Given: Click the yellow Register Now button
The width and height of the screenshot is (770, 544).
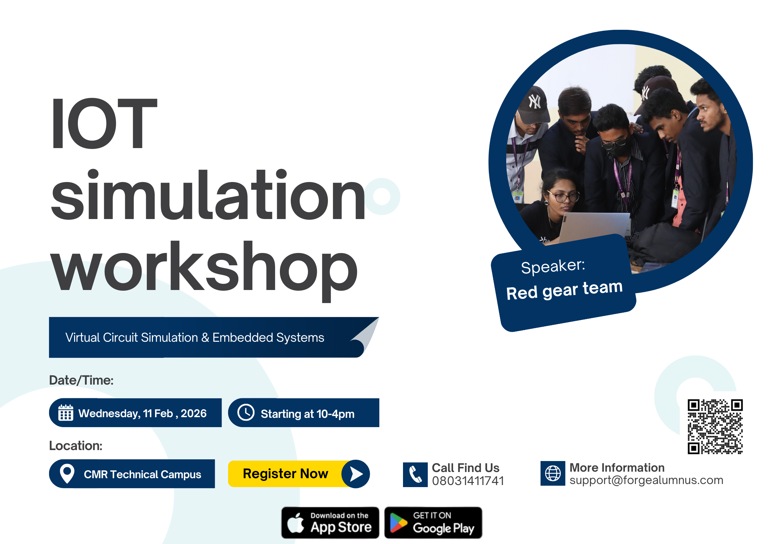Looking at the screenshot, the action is pos(299,474).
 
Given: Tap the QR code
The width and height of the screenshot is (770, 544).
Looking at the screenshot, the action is pos(715,426).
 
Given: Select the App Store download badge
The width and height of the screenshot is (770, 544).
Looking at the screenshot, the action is pos(330,522).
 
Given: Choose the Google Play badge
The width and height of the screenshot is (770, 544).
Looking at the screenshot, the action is pos(433,522).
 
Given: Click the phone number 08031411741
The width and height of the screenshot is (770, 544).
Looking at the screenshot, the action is pos(468,481).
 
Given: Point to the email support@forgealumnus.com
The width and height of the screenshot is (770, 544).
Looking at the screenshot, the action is pos(646,480).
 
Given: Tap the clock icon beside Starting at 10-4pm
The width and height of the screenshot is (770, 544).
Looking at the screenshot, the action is pos(246,412).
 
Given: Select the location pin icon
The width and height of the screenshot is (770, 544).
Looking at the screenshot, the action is pos(67,473).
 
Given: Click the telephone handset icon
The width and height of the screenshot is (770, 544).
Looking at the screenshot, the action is pos(415,474).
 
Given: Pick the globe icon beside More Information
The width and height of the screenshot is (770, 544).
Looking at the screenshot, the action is pos(553,473).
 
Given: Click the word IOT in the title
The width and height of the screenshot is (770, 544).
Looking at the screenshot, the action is pos(104,123).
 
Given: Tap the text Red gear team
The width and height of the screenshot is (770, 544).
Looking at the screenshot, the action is pos(564,290).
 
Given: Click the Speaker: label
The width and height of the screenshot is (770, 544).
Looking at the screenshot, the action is pos(553,266).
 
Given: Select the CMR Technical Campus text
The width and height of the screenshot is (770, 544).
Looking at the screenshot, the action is pos(142,474).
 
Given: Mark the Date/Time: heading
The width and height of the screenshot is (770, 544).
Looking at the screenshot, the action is pos(81,380).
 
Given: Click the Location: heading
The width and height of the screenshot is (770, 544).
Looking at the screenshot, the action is pos(76,446).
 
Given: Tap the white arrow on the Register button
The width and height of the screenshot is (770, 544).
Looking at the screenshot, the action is pos(356,474).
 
